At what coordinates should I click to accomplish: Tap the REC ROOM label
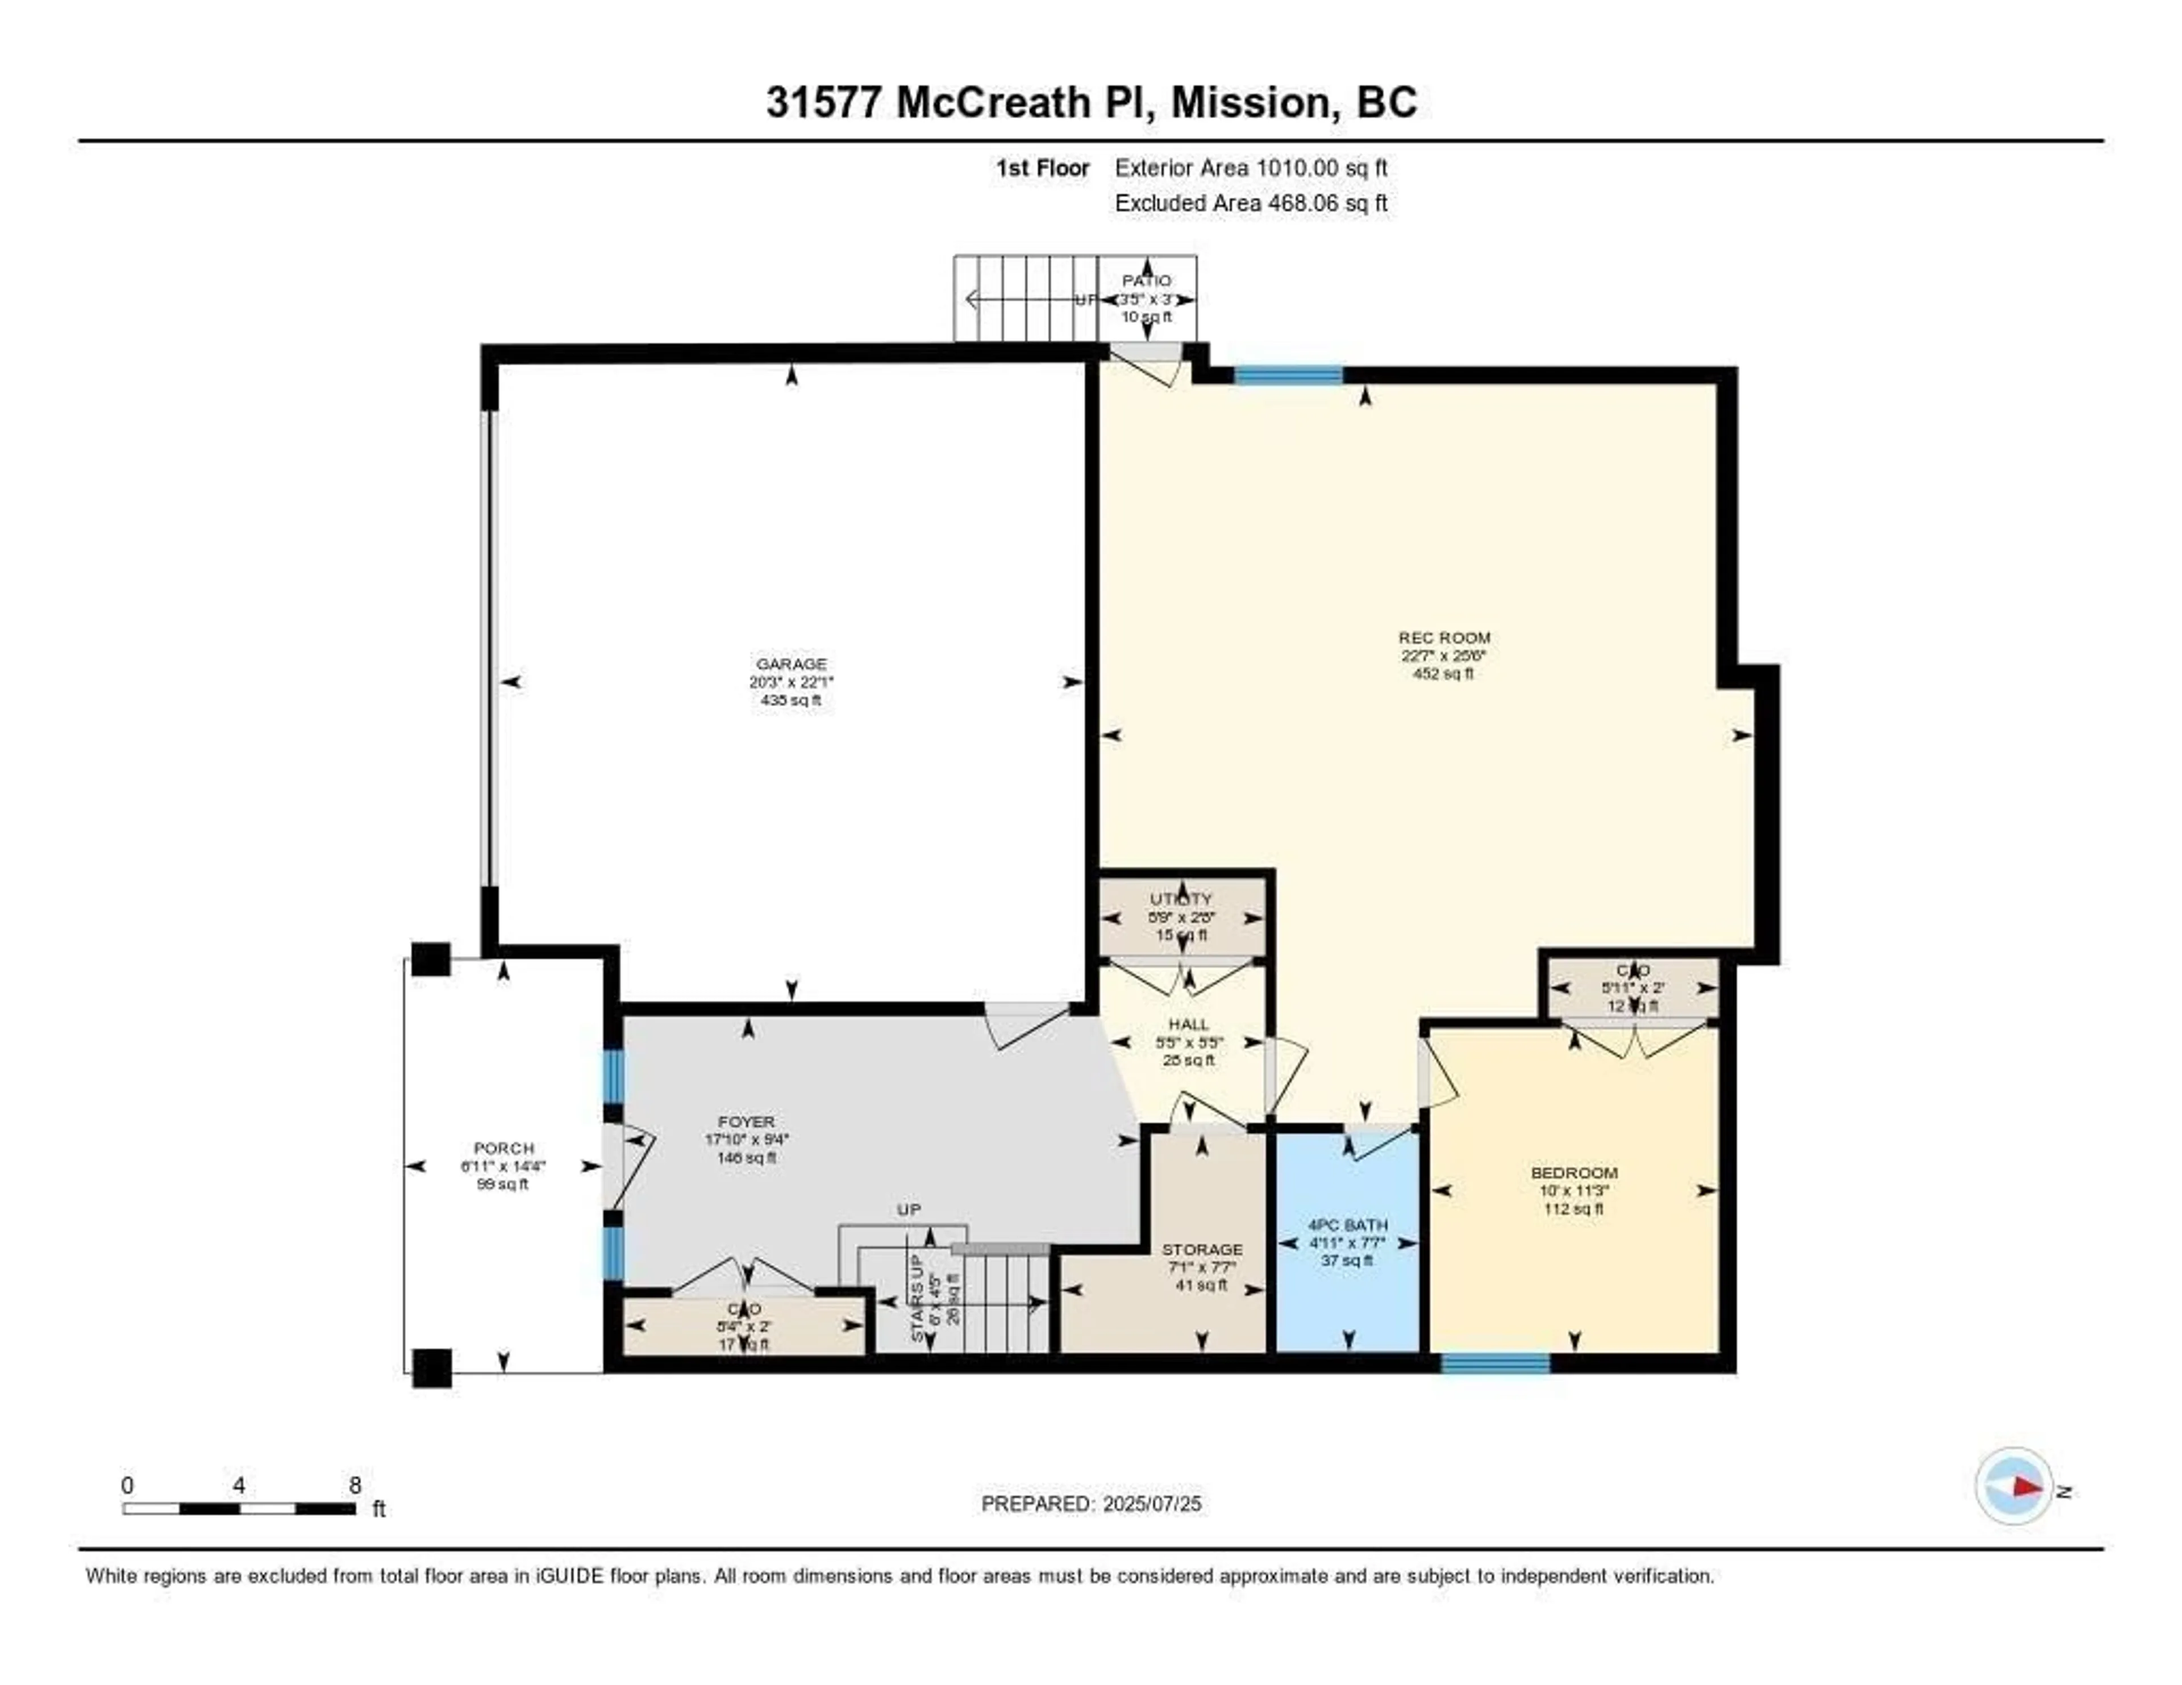pos(1444,637)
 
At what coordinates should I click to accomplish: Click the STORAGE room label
pos(1202,1249)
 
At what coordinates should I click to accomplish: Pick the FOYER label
pos(746,1121)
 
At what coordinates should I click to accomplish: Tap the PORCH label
pos(503,1149)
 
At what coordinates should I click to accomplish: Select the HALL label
pos(1188,1024)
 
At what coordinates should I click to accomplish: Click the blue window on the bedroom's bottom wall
pos(1494,1363)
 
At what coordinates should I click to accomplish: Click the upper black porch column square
pos(431,959)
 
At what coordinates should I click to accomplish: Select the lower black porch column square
pos(432,1367)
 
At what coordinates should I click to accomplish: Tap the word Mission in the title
pos(1255,103)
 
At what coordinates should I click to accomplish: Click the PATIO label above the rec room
pos(1146,281)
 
